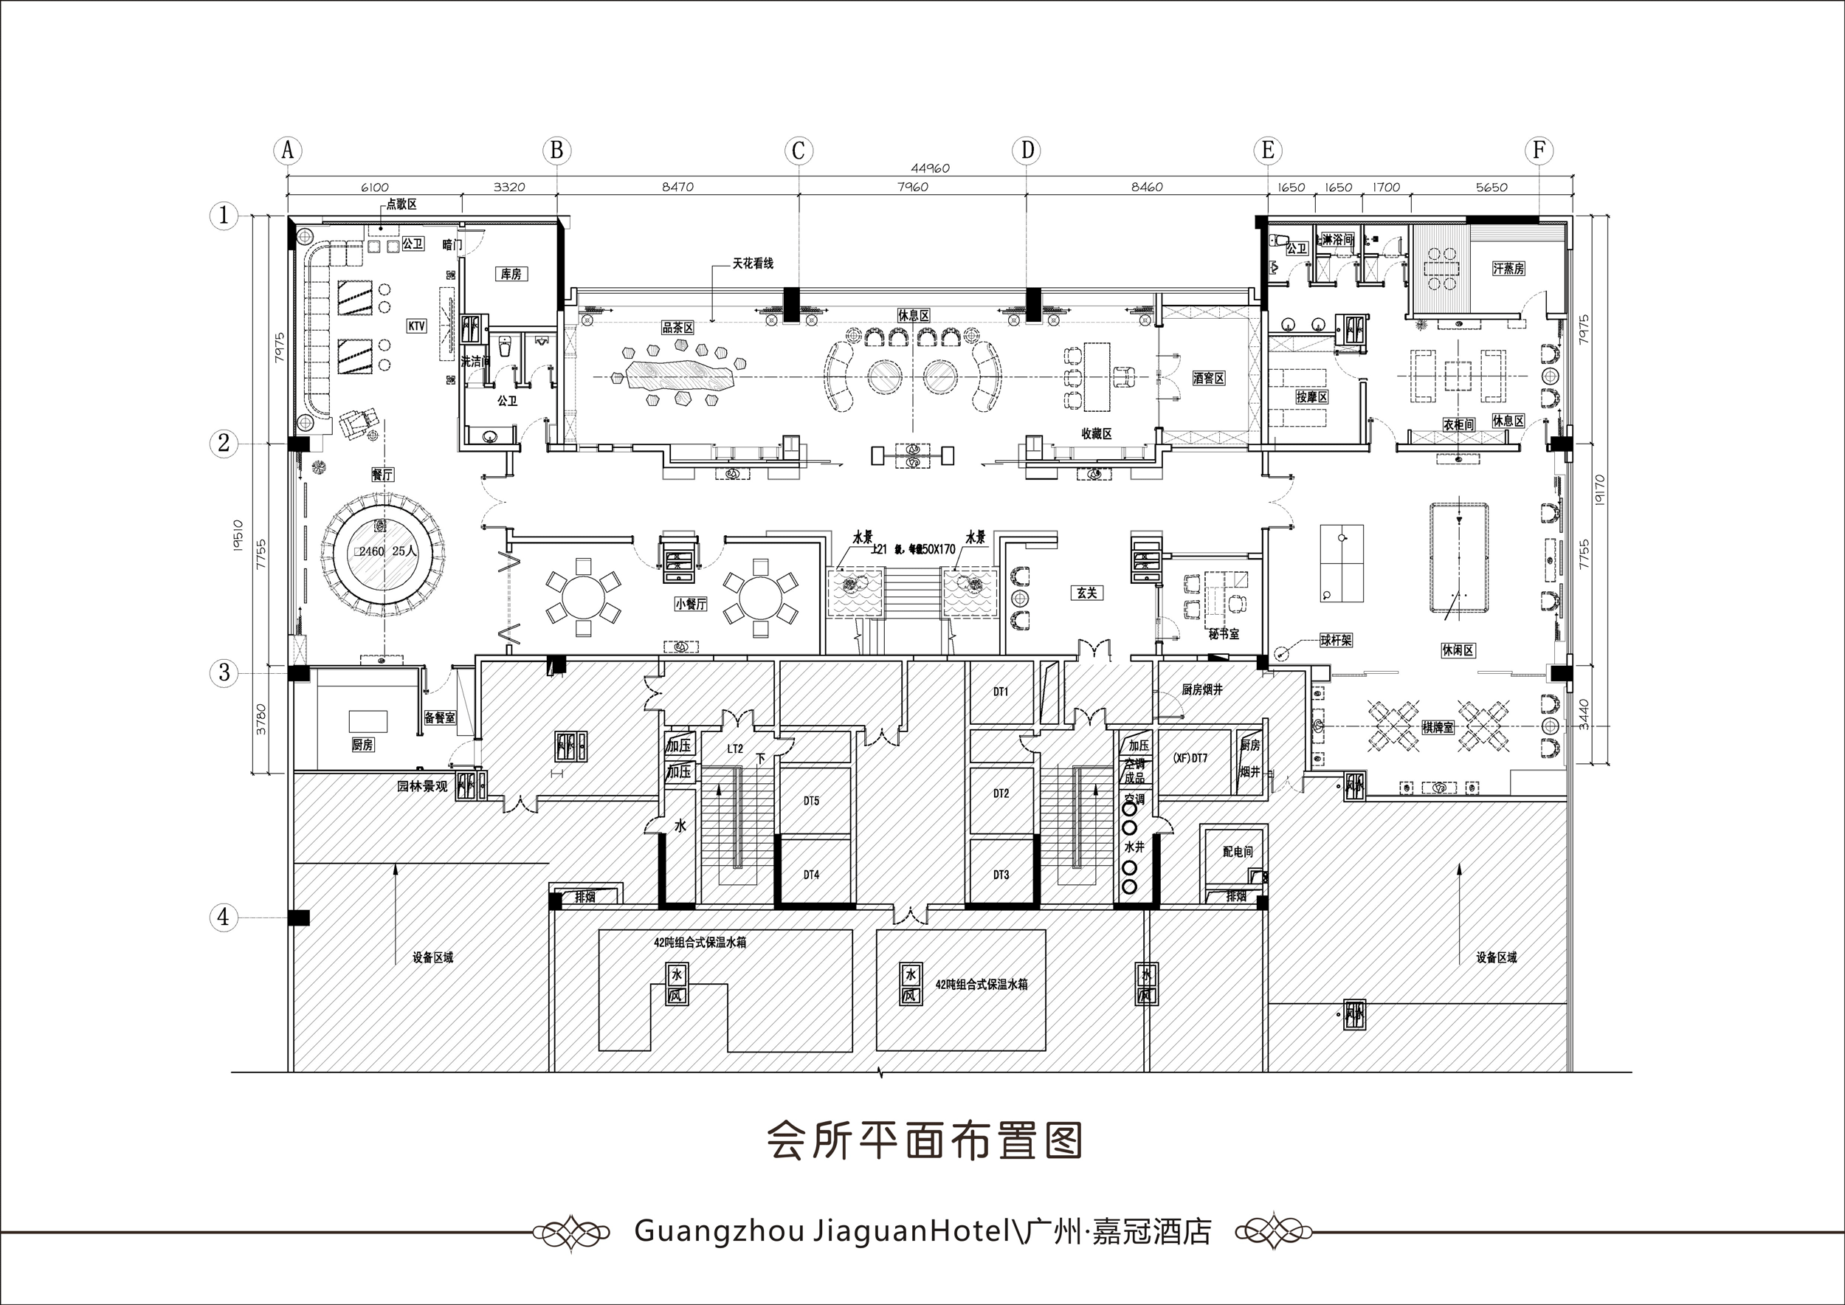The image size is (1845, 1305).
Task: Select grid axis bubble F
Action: click(x=1539, y=151)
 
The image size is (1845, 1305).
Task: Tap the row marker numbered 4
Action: click(x=224, y=917)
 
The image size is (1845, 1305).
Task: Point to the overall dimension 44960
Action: click(x=931, y=169)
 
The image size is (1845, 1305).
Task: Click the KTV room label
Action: click(x=416, y=326)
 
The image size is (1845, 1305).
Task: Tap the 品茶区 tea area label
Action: click(x=677, y=327)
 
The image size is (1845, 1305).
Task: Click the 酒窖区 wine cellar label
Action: click(x=1208, y=378)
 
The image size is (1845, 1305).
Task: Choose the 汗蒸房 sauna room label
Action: click(x=1508, y=269)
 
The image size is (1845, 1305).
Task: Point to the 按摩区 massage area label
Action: click(x=1311, y=397)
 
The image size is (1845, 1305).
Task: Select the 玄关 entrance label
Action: click(x=1086, y=593)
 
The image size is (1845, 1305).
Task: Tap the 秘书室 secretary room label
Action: click(x=1223, y=634)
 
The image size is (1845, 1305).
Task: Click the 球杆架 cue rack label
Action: click(x=1336, y=641)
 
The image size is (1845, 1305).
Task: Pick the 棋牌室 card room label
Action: click(x=1438, y=728)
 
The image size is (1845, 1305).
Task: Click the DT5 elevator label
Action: click(x=812, y=801)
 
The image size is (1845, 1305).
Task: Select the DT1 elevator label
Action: click(x=1001, y=691)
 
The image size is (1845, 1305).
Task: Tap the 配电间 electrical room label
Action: click(x=1238, y=852)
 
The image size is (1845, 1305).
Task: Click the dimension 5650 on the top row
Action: click(x=1491, y=187)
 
